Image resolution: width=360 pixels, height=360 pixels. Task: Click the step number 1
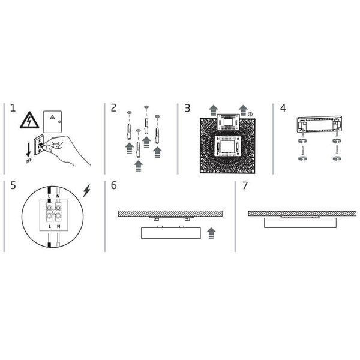pyautogui.click(x=13, y=108)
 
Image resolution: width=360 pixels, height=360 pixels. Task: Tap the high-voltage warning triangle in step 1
pyautogui.click(x=29, y=120)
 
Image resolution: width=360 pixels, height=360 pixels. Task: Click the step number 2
pyautogui.click(x=113, y=108)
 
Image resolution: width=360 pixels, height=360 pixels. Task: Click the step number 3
pyautogui.click(x=187, y=108)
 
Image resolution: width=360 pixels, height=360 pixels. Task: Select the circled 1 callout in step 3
pyautogui.click(x=250, y=113)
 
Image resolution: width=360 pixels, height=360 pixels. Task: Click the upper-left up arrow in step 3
pyautogui.click(x=214, y=110)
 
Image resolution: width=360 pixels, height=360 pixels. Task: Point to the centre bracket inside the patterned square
pyautogui.click(x=228, y=146)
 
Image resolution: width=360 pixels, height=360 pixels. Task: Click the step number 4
pyautogui.click(x=283, y=108)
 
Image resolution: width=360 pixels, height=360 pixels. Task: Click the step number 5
pyautogui.click(x=13, y=186)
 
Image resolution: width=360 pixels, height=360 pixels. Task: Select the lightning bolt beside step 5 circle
pyautogui.click(x=88, y=191)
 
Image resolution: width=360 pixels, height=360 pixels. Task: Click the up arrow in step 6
pyautogui.click(x=210, y=233)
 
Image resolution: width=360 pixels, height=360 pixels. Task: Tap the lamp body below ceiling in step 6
pyautogui.click(x=170, y=233)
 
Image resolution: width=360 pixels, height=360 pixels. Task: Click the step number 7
pyautogui.click(x=244, y=186)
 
